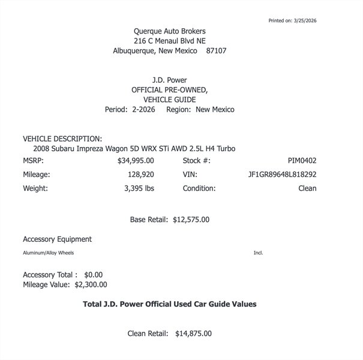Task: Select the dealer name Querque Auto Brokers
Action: click(x=173, y=31)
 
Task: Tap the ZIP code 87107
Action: click(x=216, y=51)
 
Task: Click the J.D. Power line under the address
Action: click(x=170, y=79)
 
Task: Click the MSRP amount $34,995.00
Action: click(x=136, y=161)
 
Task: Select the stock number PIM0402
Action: click(x=302, y=161)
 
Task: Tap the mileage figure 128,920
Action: click(x=139, y=175)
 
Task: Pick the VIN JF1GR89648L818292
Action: click(x=282, y=175)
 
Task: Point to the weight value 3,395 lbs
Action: click(x=139, y=188)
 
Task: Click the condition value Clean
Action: click(x=307, y=188)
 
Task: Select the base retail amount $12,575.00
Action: click(x=191, y=220)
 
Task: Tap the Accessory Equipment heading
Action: click(x=57, y=239)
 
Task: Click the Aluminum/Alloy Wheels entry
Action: click(x=48, y=253)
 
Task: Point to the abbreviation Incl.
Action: click(x=258, y=253)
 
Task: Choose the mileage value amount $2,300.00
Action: click(x=91, y=284)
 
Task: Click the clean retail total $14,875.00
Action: click(x=193, y=334)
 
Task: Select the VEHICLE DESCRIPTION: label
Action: click(x=62, y=139)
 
